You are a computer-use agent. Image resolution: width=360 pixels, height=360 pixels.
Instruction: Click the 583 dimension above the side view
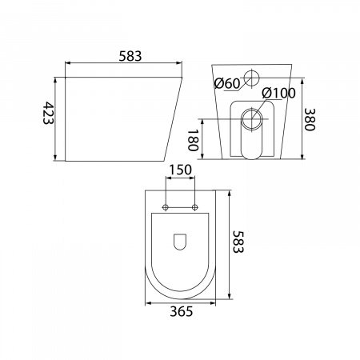(x=130, y=56)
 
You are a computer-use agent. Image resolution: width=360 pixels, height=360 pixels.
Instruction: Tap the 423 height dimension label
(x=48, y=113)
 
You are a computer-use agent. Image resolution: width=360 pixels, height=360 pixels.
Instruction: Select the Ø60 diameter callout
(x=227, y=84)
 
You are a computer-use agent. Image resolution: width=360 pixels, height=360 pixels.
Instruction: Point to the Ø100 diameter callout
(x=278, y=93)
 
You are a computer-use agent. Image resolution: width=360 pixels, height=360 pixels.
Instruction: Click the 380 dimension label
(x=310, y=119)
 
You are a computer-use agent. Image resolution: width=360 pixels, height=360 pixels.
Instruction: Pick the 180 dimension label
(x=193, y=140)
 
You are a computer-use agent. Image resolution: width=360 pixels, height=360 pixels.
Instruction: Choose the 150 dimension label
(x=181, y=170)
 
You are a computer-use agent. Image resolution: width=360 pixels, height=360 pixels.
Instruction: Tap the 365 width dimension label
(x=182, y=311)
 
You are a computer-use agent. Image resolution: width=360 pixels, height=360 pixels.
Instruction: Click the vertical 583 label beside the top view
(x=238, y=242)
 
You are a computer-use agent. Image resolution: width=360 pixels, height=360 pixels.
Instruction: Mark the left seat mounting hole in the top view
(x=166, y=207)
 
